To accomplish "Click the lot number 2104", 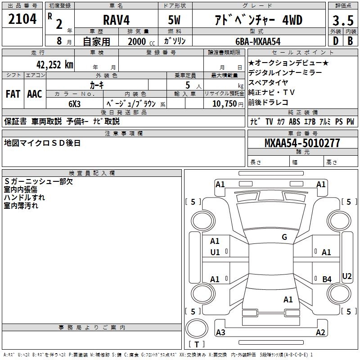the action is [x=22, y=19].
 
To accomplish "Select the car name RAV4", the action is [x=116, y=20].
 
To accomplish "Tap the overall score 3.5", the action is [x=343, y=20].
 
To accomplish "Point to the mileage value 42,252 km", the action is [x=54, y=65].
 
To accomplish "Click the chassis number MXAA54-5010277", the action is [x=302, y=143].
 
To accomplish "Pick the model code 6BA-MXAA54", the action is [x=258, y=41].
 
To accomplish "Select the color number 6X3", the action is [x=74, y=104].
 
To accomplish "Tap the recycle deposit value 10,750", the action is [x=225, y=104].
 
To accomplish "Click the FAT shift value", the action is [x=13, y=94].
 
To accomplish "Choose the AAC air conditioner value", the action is [x=35, y=94].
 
